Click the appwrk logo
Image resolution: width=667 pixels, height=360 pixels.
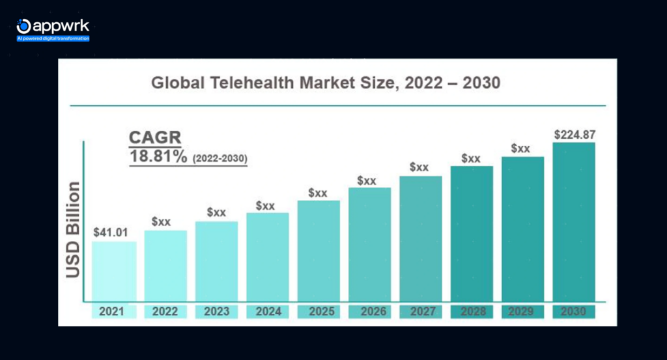pyautogui.click(x=52, y=26)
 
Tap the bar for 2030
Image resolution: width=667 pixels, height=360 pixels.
pyautogui.click(x=574, y=222)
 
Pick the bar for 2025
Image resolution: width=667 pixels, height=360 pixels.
pyautogui.click(x=319, y=251)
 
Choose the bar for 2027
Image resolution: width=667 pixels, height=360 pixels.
pyautogui.click(x=420, y=238)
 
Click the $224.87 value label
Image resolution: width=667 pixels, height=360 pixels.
pyautogui.click(x=575, y=135)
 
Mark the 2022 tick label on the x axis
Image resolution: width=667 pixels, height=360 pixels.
pyautogui.click(x=165, y=312)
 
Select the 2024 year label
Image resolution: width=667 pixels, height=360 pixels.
pyautogui.click(x=267, y=312)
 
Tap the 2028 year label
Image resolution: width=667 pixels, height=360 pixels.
pyautogui.click(x=472, y=312)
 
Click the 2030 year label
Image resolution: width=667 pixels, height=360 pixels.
pyautogui.click(x=574, y=312)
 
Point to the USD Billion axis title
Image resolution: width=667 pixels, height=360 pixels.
pyautogui.click(x=73, y=230)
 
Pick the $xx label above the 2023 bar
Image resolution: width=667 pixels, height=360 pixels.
pyautogui.click(x=216, y=212)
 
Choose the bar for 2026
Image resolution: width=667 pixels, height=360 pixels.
pyautogui.click(x=369, y=245)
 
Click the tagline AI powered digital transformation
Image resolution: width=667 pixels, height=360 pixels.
pyautogui.click(x=53, y=38)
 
